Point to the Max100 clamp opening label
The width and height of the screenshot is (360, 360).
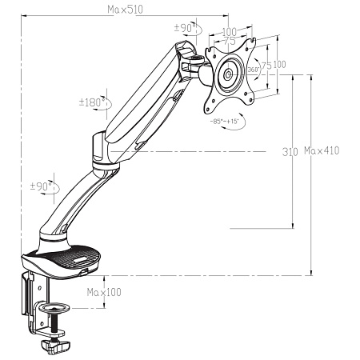(x=104, y=293)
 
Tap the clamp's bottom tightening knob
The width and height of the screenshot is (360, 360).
(x=54, y=345)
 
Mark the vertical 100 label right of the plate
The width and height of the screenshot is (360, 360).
(x=279, y=64)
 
